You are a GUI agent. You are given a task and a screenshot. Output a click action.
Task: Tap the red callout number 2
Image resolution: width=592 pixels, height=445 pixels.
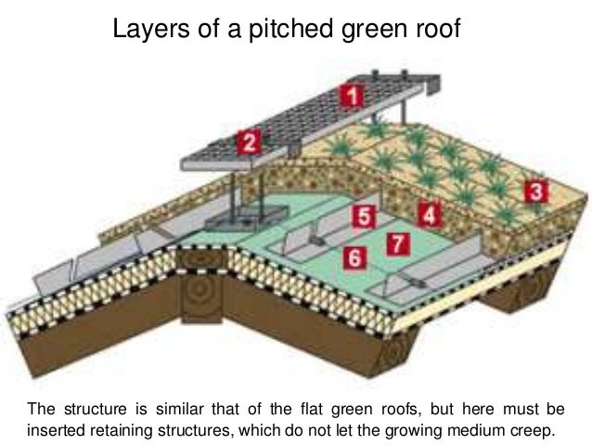248,143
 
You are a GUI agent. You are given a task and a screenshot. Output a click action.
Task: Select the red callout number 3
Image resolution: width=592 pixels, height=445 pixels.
534,192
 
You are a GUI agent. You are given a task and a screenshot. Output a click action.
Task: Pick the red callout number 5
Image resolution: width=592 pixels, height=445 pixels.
365,217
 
